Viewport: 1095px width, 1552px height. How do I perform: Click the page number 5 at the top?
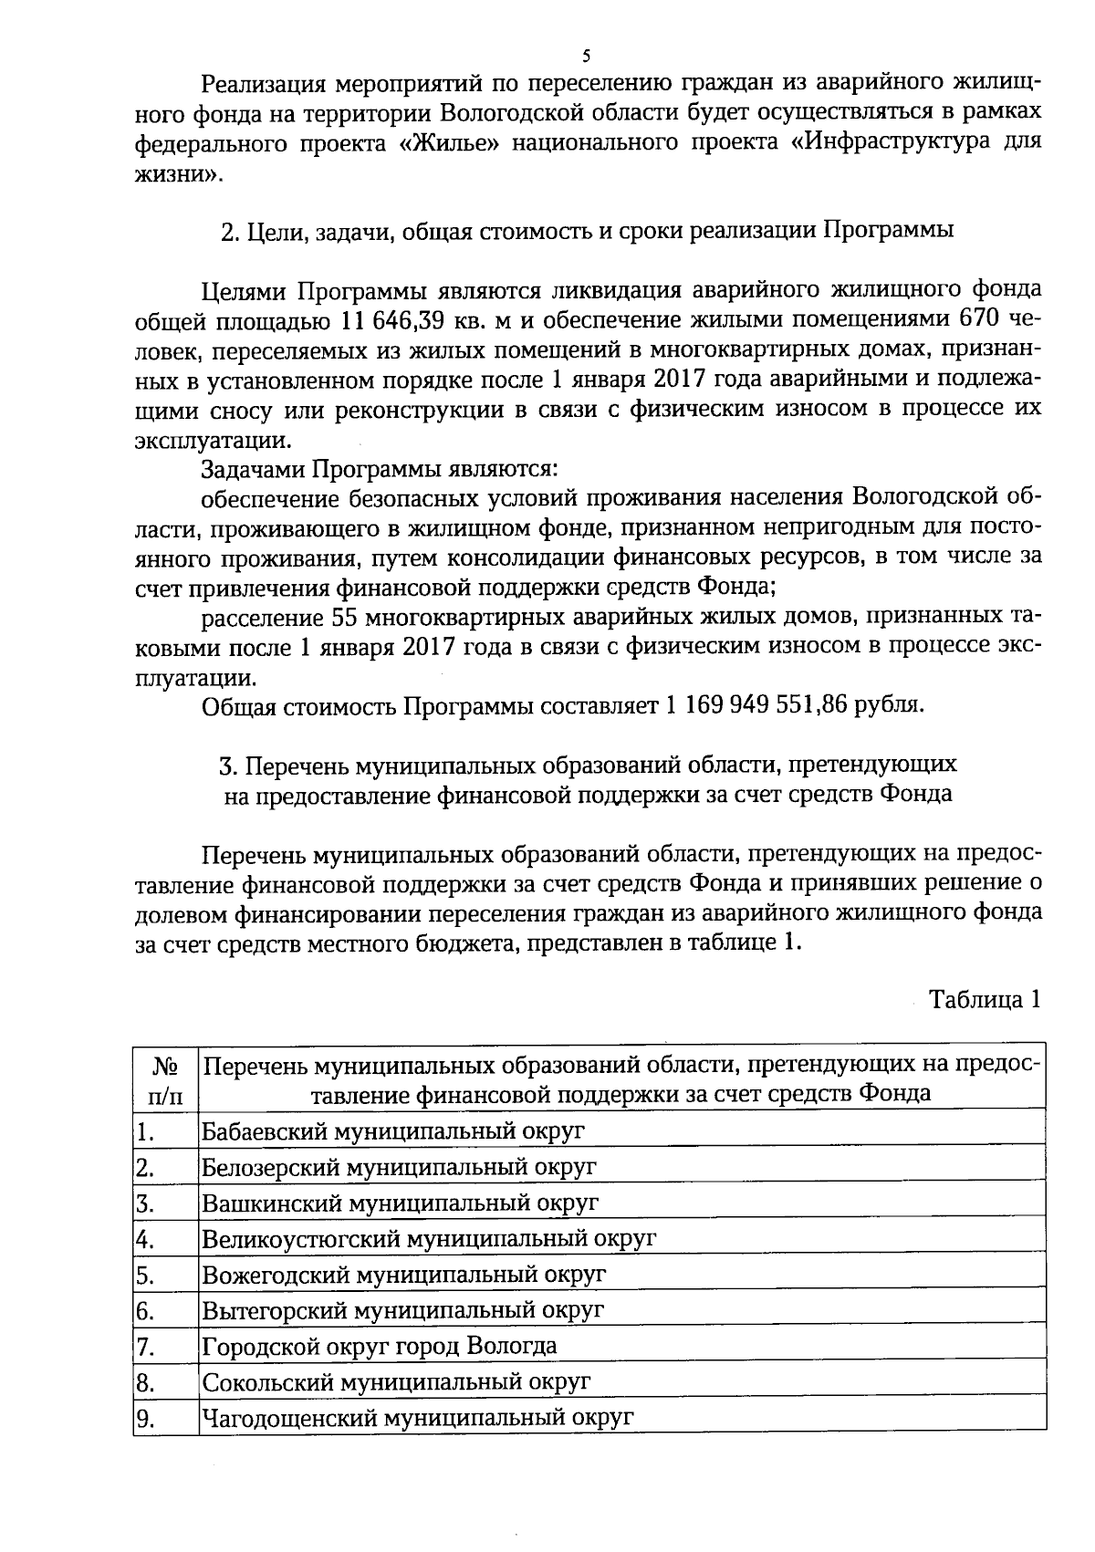point(586,54)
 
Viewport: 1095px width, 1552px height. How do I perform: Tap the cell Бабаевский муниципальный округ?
point(393,1132)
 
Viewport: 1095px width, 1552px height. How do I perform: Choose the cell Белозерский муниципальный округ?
point(400,1167)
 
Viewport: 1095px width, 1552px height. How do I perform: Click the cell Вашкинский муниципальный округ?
point(401,1203)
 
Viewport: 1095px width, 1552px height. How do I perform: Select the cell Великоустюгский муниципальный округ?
point(429,1239)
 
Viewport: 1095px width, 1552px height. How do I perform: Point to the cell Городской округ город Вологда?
point(380,1346)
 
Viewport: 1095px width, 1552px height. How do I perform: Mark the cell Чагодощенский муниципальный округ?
point(417,1418)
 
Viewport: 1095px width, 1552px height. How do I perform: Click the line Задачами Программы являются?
point(379,470)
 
